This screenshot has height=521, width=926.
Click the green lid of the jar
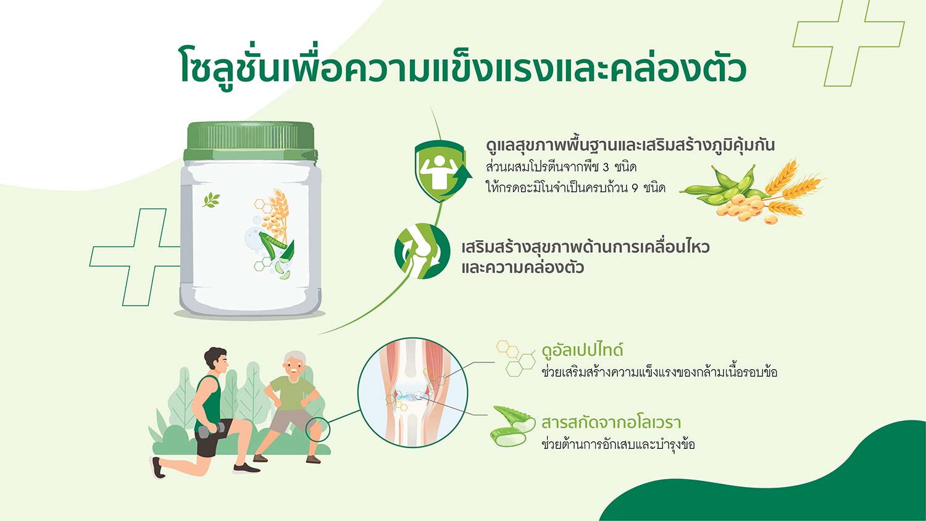point(250,141)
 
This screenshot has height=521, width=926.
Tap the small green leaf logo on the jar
point(211,200)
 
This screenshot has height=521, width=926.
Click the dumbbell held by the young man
point(211,430)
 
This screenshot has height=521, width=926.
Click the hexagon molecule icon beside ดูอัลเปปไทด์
point(515,358)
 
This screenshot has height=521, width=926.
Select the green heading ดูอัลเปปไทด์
point(582,351)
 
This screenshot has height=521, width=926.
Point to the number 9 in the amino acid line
point(635,188)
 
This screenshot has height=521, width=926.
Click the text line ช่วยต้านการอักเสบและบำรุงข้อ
point(618,445)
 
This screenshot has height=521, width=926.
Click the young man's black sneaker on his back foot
point(157,467)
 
